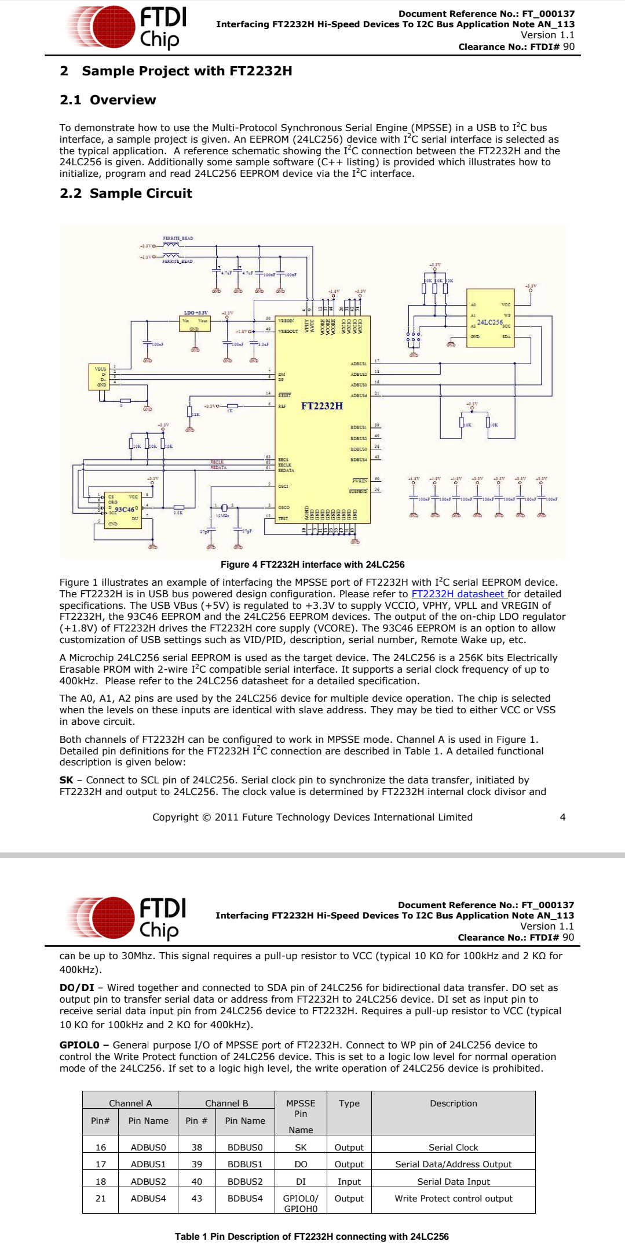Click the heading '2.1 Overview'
(108, 100)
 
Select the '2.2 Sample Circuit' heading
(126, 193)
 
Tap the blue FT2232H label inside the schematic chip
(321, 406)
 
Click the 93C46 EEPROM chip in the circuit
(124, 509)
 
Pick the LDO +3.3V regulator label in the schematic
(196, 313)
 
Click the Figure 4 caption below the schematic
(312, 564)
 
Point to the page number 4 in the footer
(562, 817)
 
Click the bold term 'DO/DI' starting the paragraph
(76, 988)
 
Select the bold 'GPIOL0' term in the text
(80, 1045)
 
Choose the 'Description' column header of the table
(453, 1103)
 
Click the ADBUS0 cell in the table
(148, 1147)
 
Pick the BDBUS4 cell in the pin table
(245, 1198)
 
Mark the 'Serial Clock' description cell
(453, 1147)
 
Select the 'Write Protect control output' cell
(453, 1198)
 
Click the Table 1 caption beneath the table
(312, 1236)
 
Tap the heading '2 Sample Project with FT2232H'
(176, 71)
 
